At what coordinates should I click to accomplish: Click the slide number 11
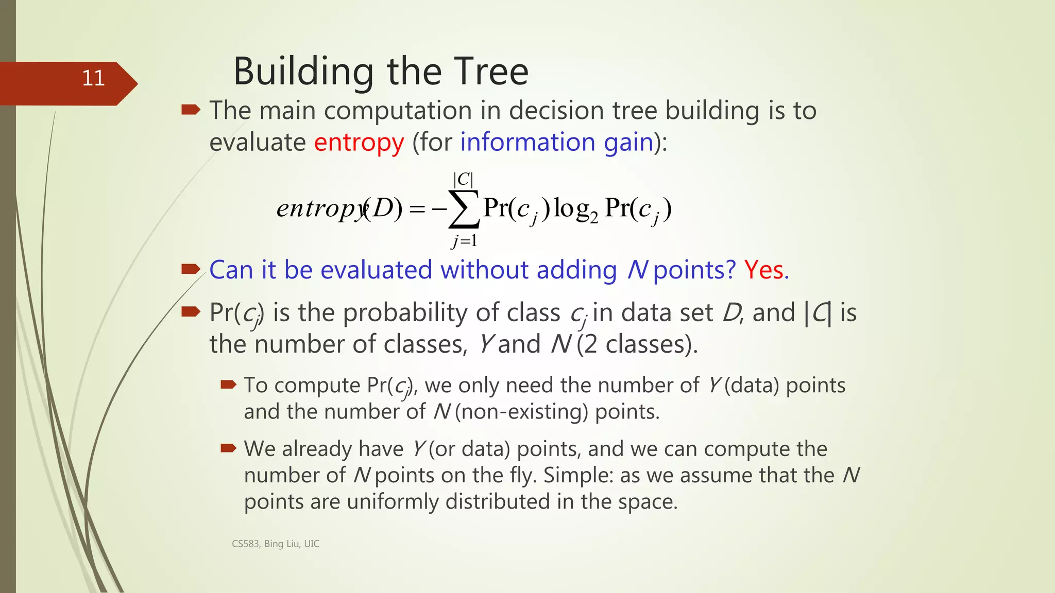tap(93, 78)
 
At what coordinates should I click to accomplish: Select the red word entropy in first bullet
tap(359, 143)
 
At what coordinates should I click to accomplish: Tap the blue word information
tap(527, 142)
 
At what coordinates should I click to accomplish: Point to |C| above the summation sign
tap(463, 179)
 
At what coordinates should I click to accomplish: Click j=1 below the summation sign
tap(464, 240)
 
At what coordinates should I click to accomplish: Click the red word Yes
tap(765, 270)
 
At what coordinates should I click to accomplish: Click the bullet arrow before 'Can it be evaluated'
tap(191, 269)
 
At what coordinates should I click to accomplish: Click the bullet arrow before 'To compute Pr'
tap(228, 384)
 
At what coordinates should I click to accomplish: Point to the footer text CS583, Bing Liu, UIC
tap(276, 544)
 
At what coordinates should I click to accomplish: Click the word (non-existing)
tap(521, 412)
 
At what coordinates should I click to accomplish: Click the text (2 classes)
tap(637, 344)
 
